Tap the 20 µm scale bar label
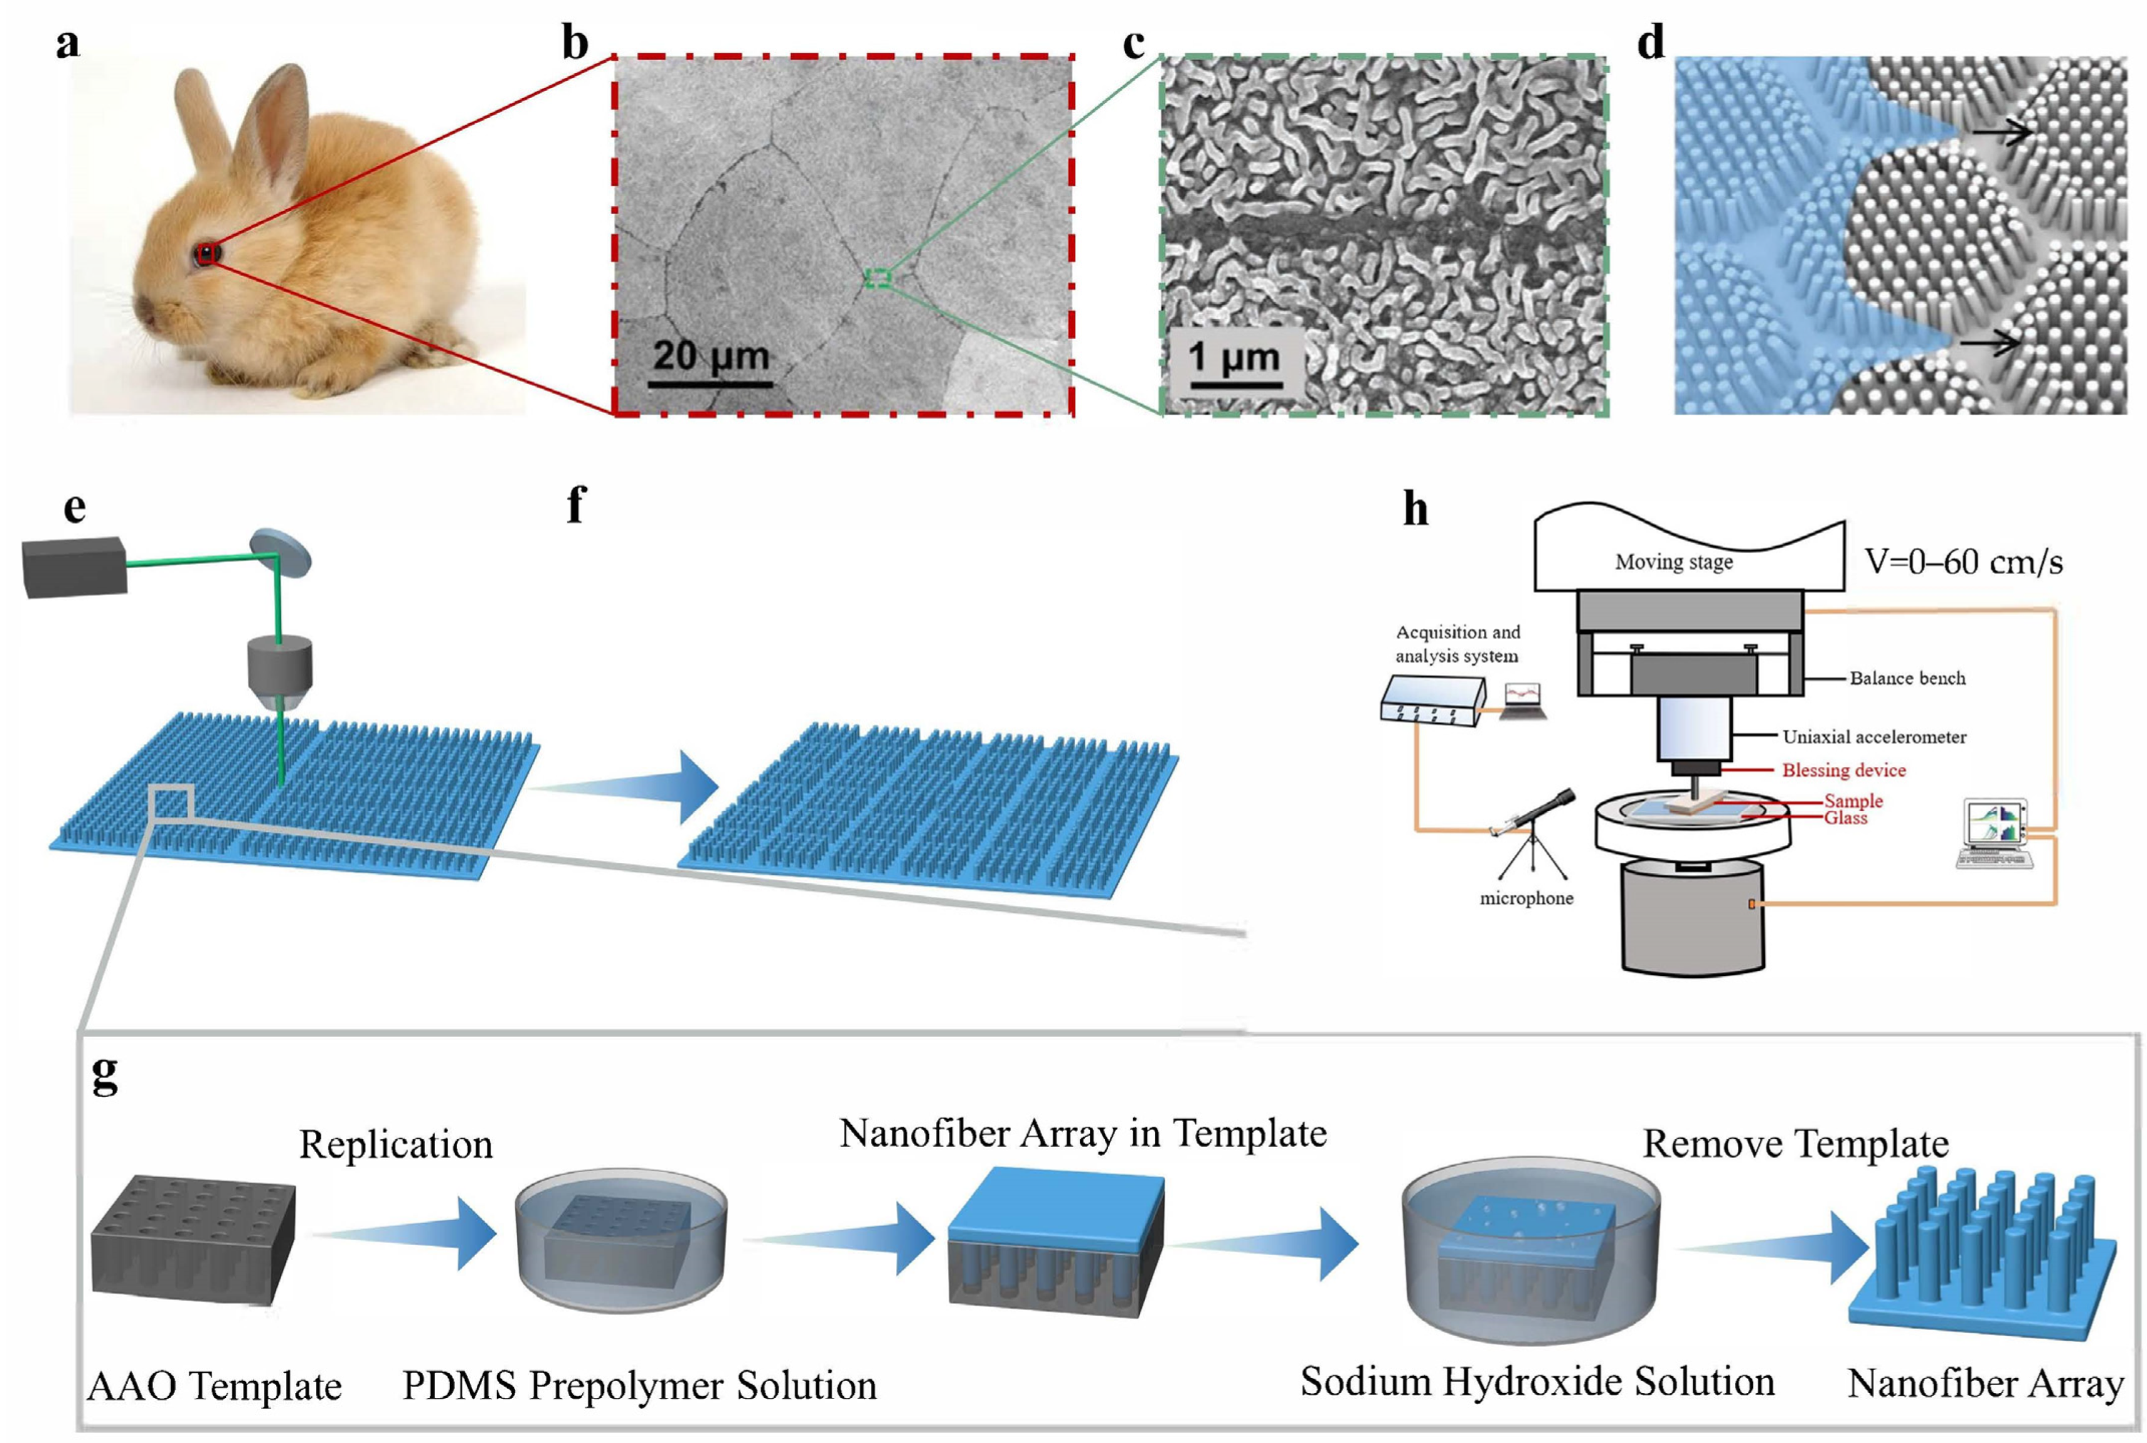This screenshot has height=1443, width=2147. point(710,355)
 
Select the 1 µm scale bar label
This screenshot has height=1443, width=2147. point(1233,357)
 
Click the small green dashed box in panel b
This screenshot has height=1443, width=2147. point(878,277)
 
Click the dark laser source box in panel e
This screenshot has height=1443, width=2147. point(73,565)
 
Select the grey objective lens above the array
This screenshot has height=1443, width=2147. point(280,673)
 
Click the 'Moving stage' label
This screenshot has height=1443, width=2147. point(1673,562)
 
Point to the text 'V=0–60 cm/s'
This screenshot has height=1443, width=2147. point(1963,562)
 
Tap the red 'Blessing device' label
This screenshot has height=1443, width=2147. point(1843,770)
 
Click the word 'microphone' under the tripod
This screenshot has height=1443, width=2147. point(1526,898)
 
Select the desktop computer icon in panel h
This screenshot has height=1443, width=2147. point(1993,833)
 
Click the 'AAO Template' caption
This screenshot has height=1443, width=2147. point(215,1385)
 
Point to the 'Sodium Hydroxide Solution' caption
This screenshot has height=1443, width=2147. point(1537,1382)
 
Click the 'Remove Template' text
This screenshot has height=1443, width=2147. point(1796,1144)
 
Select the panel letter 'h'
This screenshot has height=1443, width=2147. point(1415,509)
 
